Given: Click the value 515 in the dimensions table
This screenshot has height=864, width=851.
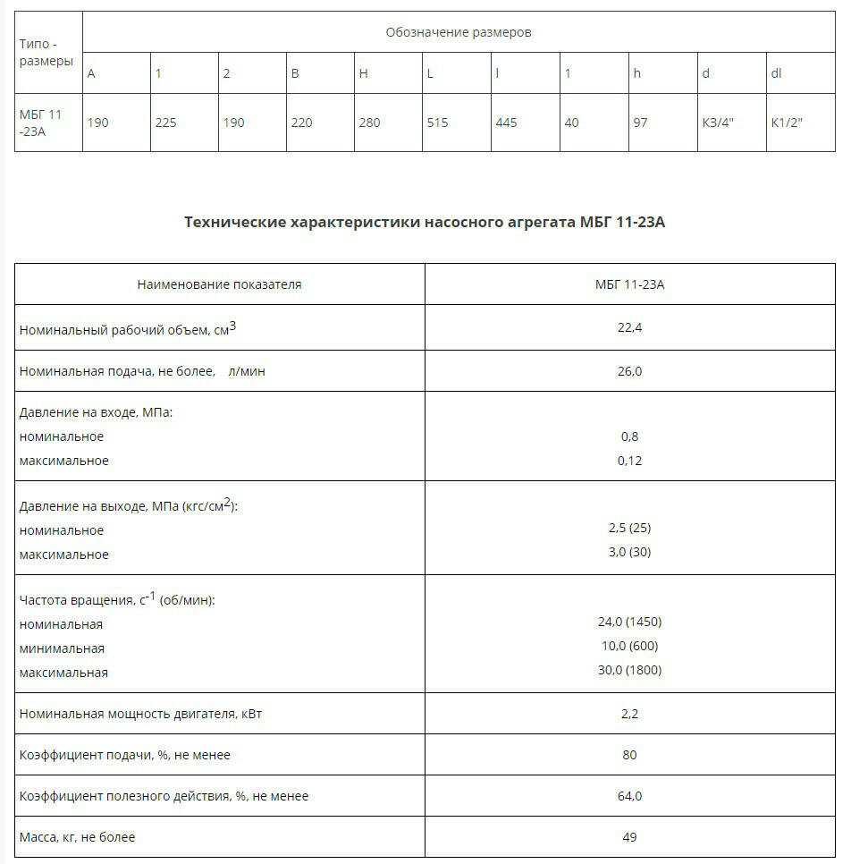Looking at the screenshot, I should point(437,123).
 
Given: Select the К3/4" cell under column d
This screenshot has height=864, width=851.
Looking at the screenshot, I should point(717,123).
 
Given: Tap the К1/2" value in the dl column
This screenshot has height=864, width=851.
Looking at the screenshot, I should point(787,123).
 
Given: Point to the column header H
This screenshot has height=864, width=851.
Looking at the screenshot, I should point(363,73).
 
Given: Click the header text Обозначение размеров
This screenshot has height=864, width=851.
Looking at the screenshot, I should point(459,32).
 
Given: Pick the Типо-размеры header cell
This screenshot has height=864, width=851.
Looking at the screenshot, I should point(46,53).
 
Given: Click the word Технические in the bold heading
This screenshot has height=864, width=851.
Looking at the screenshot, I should point(236,222).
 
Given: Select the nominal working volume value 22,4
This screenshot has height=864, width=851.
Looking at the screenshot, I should point(629,327).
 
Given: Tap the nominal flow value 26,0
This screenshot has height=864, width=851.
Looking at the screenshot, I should point(629,371).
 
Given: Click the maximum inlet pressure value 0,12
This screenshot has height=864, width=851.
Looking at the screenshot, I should point(629,461).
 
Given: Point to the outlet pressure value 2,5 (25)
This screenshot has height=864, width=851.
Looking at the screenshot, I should point(629,528).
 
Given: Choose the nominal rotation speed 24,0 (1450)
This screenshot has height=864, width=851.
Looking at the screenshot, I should point(629,622).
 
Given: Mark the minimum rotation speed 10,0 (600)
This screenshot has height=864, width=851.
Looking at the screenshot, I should point(629,646).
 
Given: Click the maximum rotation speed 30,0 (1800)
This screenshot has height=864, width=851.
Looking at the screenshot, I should point(629,670).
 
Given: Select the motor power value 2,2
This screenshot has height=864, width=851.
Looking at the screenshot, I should point(629,714).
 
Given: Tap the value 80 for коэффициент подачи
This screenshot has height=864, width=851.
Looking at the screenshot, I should point(629,755).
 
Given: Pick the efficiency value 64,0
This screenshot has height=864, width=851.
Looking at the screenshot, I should point(629,796).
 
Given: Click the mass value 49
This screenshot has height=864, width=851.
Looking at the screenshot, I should point(629,837).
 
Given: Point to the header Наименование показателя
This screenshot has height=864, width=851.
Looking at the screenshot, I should point(219,284).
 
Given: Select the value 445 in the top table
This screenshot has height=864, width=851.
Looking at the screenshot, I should point(506,123).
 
